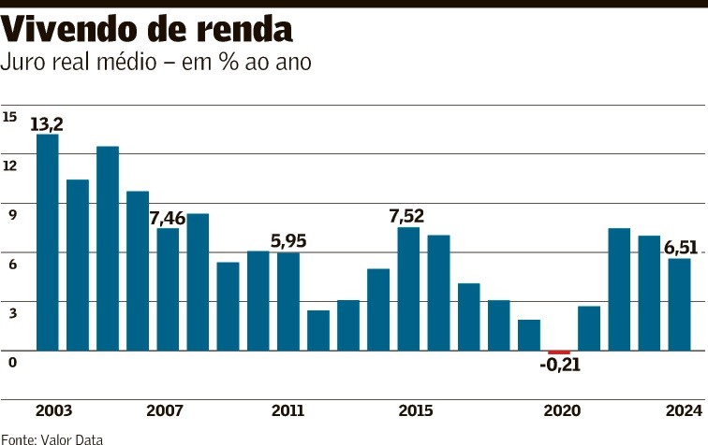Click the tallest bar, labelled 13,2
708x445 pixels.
click(x=48, y=242)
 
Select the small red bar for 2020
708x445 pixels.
click(x=559, y=352)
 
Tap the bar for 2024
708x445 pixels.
click(x=679, y=304)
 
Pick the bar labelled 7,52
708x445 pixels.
click(x=408, y=289)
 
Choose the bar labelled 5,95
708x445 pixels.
click(x=288, y=301)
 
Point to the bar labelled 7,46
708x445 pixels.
click(x=168, y=289)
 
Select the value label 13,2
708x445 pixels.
click(x=47, y=123)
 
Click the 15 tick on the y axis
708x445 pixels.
click(x=10, y=117)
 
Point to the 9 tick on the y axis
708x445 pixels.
click(x=12, y=215)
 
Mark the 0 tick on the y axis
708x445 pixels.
click(x=12, y=361)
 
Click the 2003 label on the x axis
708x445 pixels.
click(x=54, y=411)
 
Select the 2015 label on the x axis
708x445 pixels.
click(x=415, y=411)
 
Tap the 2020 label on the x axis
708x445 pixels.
click(x=562, y=411)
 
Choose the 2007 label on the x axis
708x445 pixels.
click(x=165, y=411)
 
